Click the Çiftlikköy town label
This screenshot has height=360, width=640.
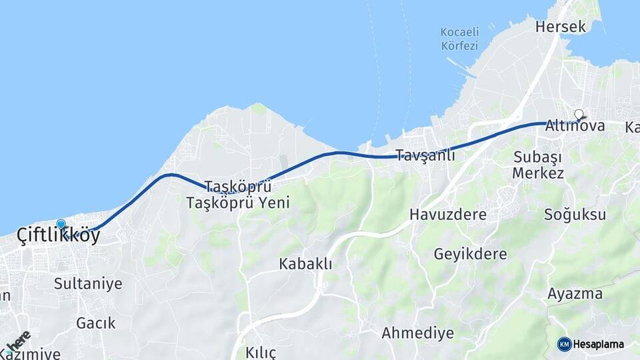pyautogui.click(x=59, y=235)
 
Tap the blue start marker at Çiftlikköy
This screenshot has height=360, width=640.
pyautogui.click(x=61, y=225)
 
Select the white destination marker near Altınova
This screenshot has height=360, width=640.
pyautogui.click(x=579, y=115)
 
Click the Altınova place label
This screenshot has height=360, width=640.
pyautogui.click(x=575, y=125)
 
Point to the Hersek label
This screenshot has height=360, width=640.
pyautogui.click(x=561, y=27)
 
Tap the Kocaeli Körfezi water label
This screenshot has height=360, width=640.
pyautogui.click(x=459, y=39)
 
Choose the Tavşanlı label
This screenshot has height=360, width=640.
pyautogui.click(x=425, y=155)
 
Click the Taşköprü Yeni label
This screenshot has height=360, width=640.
pyautogui.click(x=238, y=203)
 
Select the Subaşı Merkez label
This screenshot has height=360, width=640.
pyautogui.click(x=538, y=165)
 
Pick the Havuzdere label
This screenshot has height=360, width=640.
pyautogui.click(x=448, y=215)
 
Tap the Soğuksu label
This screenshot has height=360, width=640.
pyautogui.click(x=575, y=215)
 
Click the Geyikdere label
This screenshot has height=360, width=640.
pyautogui.click(x=470, y=254)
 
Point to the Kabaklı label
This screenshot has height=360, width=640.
pyautogui.click(x=305, y=263)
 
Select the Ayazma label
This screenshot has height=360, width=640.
pyautogui.click(x=575, y=293)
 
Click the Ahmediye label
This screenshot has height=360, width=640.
pyautogui.click(x=417, y=333)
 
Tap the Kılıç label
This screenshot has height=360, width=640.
pyautogui.click(x=260, y=352)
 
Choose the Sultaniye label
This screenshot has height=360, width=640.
pyautogui.click(x=88, y=284)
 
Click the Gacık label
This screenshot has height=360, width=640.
pyautogui.click(x=95, y=323)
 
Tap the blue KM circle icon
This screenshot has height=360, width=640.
pyautogui.click(x=564, y=344)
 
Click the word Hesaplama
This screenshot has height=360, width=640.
pyautogui.click(x=599, y=345)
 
